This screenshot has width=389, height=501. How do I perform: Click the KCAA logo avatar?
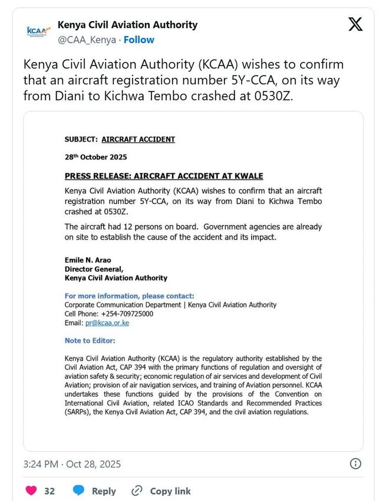(39, 32)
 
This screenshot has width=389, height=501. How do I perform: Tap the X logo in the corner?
(355, 25)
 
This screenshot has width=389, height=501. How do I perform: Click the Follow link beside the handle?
(139, 40)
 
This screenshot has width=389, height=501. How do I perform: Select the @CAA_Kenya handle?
(87, 40)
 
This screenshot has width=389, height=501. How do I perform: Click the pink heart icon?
(31, 490)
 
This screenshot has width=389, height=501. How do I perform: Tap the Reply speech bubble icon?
(78, 490)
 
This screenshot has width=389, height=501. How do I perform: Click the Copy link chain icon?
(137, 490)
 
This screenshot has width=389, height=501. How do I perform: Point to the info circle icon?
(355, 463)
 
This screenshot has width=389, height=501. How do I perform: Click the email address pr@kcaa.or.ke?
(107, 323)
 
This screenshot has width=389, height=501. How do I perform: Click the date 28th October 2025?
(95, 157)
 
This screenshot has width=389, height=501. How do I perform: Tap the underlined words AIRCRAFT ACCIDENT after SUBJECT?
(138, 139)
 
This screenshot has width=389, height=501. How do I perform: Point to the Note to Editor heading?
(90, 340)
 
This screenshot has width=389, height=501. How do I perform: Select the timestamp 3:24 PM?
(40, 464)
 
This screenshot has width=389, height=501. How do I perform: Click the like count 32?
(50, 491)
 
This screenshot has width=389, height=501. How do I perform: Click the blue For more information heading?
(129, 296)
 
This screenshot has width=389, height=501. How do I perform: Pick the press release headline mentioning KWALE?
(164, 176)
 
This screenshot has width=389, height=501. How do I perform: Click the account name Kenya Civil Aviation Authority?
(127, 25)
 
